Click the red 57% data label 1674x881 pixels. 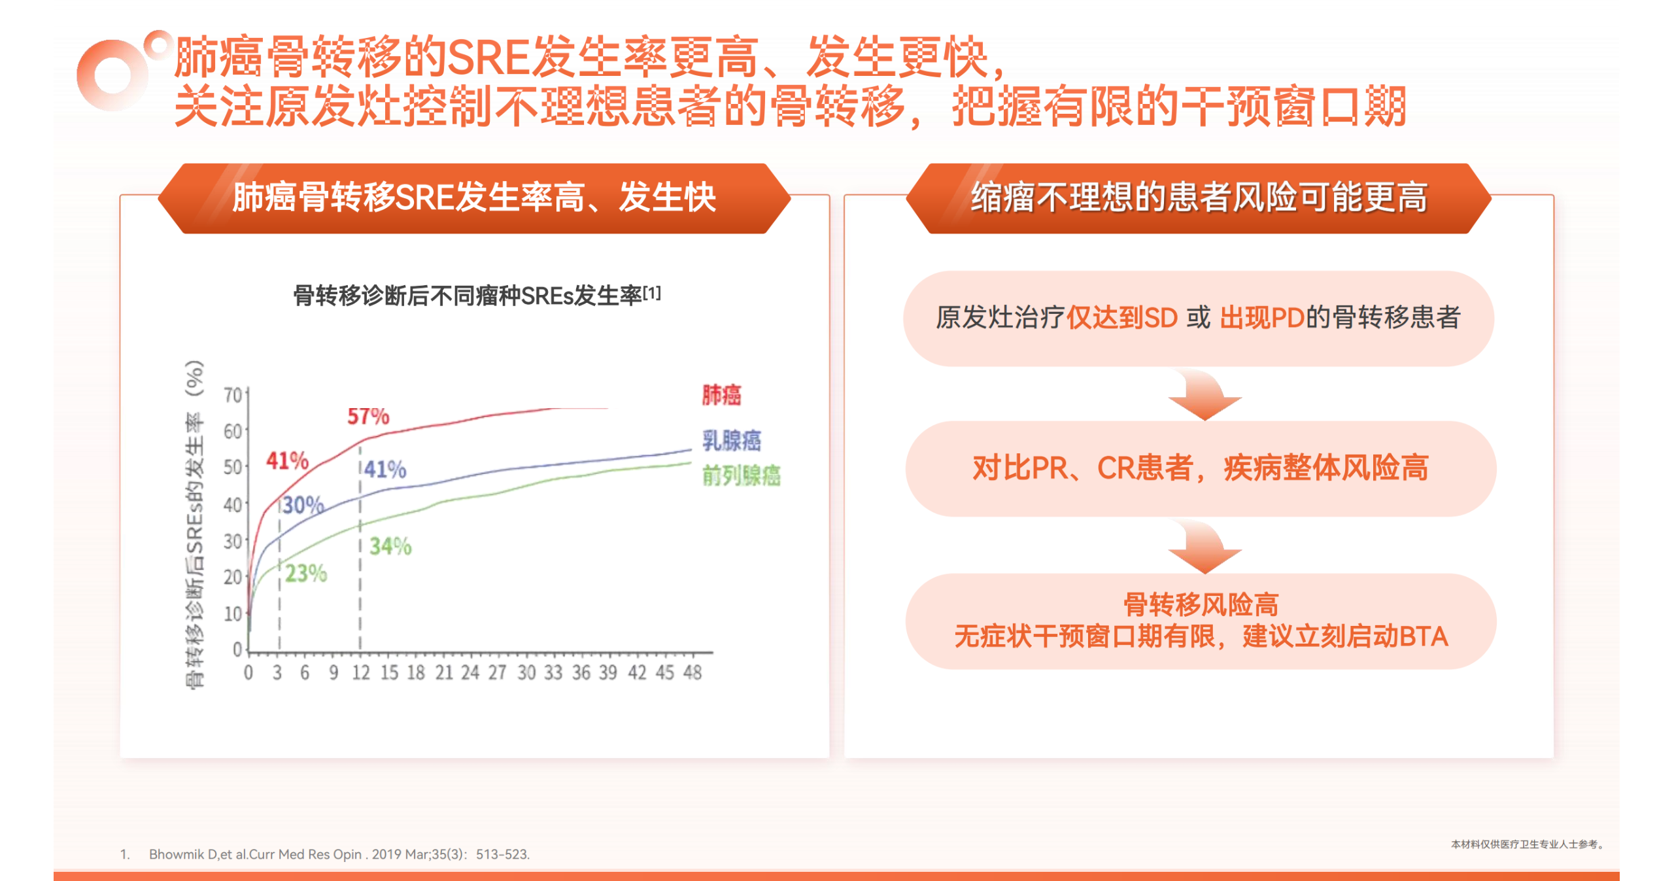tap(368, 416)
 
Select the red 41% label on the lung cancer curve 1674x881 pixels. tap(287, 460)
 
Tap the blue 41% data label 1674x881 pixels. tap(385, 469)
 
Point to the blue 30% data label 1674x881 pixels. tap(303, 504)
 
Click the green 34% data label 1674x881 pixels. tap(390, 546)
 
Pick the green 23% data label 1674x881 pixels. tap(306, 574)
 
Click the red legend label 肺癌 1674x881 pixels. tap(722, 394)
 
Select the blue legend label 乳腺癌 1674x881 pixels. tap(732, 440)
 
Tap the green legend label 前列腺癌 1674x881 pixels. tap(742, 475)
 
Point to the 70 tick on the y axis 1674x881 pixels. tap(233, 395)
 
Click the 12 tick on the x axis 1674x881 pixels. tap(360, 672)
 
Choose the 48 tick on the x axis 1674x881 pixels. tap(692, 672)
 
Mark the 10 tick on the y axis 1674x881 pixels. tap(233, 613)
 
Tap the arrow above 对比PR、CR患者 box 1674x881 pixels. tap(1204, 394)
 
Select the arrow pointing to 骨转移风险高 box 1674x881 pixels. tap(1204, 547)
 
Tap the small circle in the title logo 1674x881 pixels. tap(158, 44)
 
